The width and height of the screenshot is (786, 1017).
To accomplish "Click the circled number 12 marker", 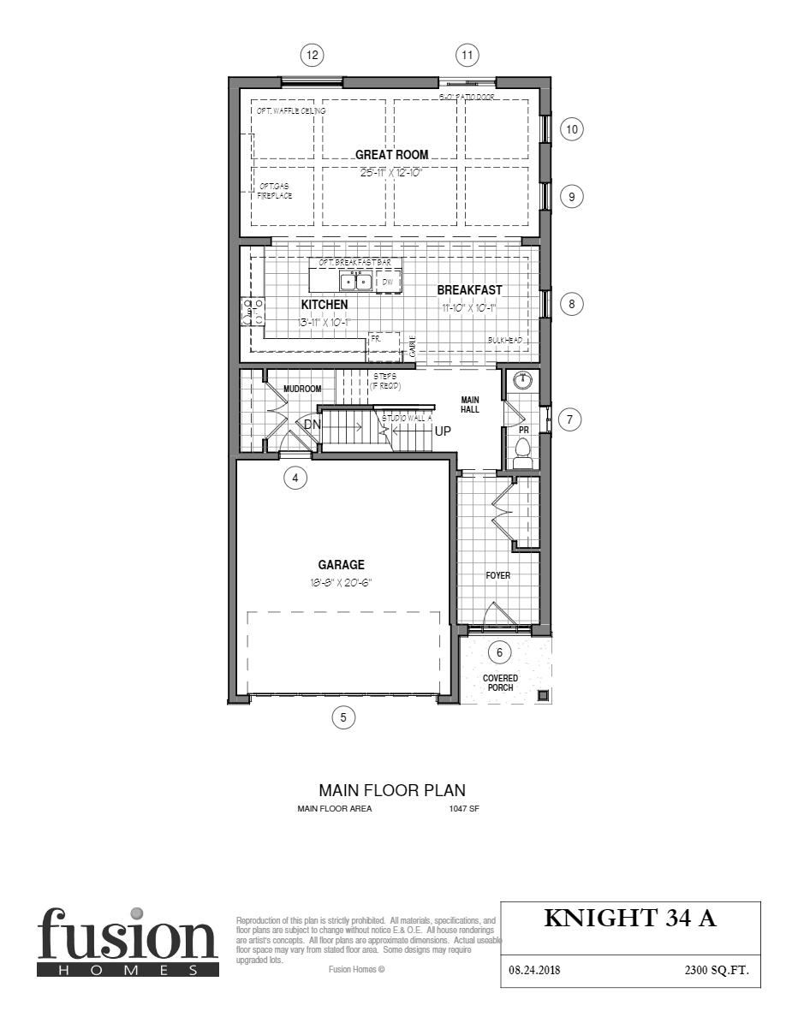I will [x=313, y=56].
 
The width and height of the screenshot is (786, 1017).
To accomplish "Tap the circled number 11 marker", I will [x=467, y=56].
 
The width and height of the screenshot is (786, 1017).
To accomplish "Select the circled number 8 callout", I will [x=572, y=303].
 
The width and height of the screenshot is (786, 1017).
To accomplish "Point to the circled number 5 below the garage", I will [x=343, y=717].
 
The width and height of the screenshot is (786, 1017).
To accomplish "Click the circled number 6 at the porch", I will [x=499, y=652].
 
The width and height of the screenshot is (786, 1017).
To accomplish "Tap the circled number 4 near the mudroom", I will [x=295, y=479].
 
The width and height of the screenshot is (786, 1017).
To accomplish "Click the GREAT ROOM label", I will [x=392, y=155].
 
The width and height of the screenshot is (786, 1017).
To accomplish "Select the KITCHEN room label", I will [x=325, y=305].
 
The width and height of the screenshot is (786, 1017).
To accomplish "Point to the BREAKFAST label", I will [x=469, y=290].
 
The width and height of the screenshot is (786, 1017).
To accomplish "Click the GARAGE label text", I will [x=342, y=565].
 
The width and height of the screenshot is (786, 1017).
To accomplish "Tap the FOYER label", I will [x=497, y=576].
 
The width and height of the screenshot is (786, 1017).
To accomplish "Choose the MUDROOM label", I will [x=302, y=389].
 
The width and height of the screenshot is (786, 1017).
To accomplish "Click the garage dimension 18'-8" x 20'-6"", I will [x=342, y=582].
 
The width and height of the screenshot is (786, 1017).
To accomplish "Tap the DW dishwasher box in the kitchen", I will [x=387, y=281].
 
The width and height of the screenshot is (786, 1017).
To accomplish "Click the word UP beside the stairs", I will [x=443, y=431].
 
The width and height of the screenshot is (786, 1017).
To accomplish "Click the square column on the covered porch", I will [x=542, y=694].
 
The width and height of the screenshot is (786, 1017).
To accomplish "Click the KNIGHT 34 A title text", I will [x=629, y=919].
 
